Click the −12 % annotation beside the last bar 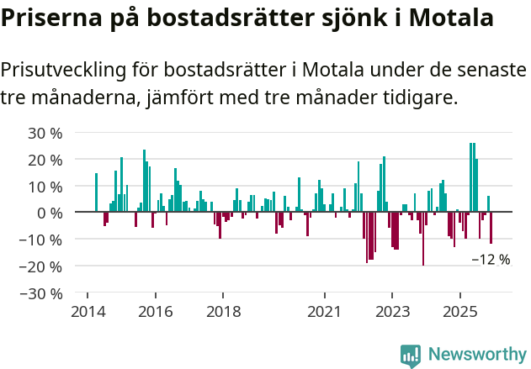[x=491, y=260]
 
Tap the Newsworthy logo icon [x=411, y=356]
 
